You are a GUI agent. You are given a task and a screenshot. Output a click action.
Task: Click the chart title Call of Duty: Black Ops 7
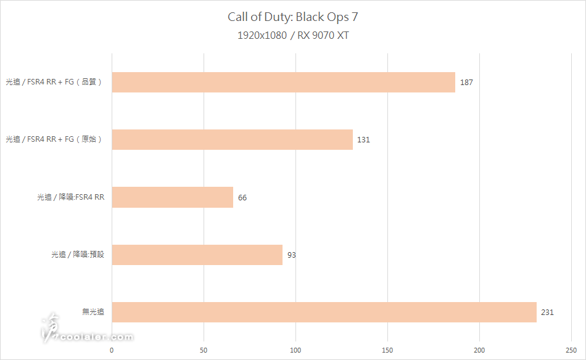point(293,17)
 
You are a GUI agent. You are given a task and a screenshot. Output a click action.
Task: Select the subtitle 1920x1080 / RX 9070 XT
point(293,35)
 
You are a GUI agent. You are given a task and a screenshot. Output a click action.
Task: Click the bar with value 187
point(283,82)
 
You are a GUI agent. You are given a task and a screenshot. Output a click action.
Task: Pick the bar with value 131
point(232,139)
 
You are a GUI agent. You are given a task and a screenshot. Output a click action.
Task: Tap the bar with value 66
point(172,197)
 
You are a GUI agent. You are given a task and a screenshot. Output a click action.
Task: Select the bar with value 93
point(197,255)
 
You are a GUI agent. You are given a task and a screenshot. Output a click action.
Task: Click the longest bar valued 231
point(324,312)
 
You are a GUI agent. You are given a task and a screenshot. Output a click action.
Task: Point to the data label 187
point(466,82)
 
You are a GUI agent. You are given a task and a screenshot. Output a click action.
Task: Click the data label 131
point(363,139)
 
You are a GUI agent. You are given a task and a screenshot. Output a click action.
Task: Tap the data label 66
point(242,197)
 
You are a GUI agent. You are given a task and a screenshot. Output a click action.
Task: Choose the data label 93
point(292,255)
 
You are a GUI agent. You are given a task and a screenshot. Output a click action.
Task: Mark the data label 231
point(547,312)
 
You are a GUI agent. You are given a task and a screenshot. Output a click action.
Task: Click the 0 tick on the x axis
point(112,350)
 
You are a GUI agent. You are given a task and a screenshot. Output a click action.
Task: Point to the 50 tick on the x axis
point(204,350)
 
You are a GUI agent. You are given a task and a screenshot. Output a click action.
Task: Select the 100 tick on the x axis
point(295,350)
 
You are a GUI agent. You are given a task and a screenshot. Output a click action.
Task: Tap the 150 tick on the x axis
point(387,350)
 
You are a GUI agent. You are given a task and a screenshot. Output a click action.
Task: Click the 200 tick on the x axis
point(479,350)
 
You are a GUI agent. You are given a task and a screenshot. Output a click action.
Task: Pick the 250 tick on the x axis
point(571,350)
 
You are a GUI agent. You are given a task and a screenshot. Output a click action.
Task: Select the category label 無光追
point(93,312)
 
